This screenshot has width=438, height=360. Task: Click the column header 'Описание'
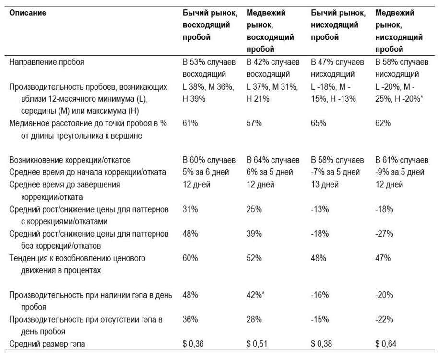tap(28, 13)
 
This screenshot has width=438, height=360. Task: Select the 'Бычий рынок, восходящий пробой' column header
tap(210, 25)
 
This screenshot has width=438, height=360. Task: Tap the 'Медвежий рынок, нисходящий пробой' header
tap(399, 31)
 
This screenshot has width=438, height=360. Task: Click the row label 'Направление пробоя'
tap(47, 62)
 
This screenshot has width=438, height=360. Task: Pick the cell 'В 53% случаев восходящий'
tap(209, 68)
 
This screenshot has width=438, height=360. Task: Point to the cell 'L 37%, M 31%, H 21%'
tap(272, 93)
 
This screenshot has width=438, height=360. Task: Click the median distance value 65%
tap(319, 123)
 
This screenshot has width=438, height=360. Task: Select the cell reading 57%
tap(254, 123)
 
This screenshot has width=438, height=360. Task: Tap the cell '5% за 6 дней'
tap(206, 172)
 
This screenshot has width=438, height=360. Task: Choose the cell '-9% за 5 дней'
tap(400, 172)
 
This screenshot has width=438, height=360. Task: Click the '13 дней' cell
tap(325, 184)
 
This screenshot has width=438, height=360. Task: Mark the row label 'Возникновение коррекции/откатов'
tap(70, 160)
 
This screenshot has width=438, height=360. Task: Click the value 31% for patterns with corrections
tap(190, 209)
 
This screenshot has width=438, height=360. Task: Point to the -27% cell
tap(384, 233)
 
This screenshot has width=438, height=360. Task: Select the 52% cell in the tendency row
tap(254, 258)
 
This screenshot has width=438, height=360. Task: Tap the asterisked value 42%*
tap(255, 295)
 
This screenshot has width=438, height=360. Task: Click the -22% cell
tap(384, 319)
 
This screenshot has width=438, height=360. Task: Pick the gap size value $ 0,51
tap(257, 344)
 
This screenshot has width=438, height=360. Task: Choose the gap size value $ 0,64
tap(386, 344)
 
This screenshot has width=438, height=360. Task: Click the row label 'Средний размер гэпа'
tap(47, 344)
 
